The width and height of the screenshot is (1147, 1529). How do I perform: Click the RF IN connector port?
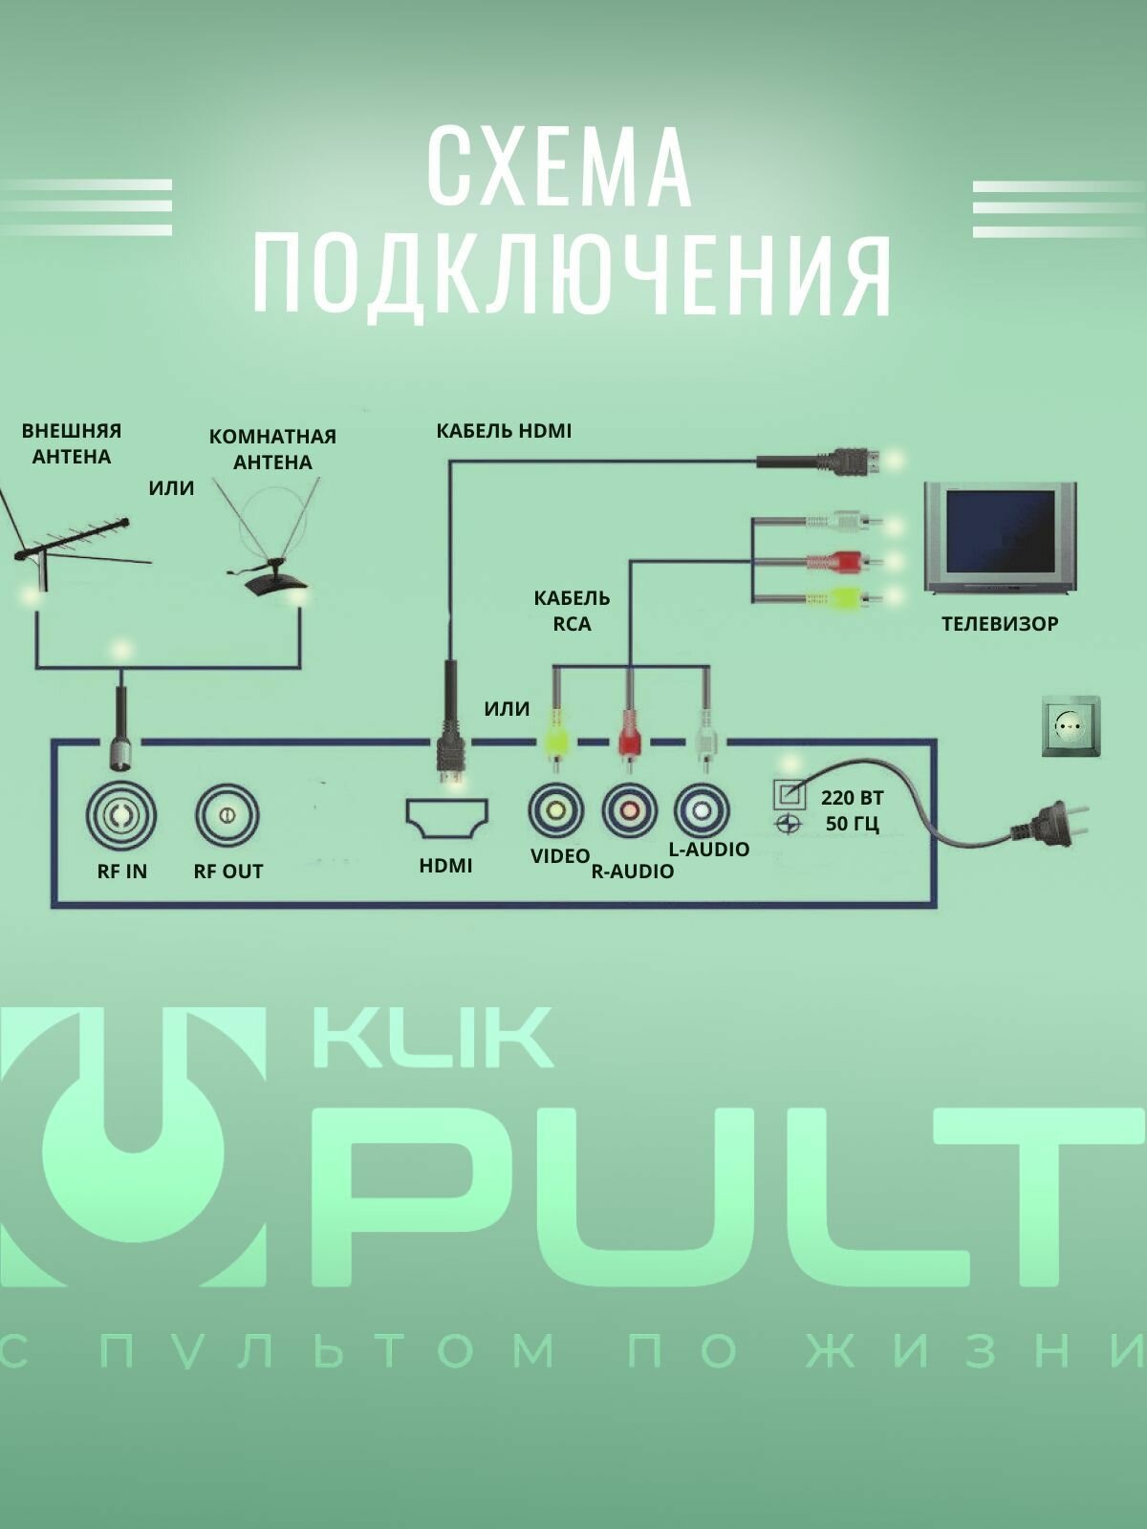click(x=121, y=814)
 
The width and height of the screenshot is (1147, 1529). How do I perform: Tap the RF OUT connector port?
click(x=227, y=815)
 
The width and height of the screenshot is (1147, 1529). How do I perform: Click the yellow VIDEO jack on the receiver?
click(x=555, y=810)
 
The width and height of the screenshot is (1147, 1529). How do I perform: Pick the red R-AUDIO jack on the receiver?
click(x=630, y=810)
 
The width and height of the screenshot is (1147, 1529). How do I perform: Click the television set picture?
click(x=1000, y=537)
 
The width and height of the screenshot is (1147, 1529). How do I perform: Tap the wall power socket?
click(x=1071, y=727)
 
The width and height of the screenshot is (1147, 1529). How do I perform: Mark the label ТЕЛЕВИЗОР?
click(x=1000, y=624)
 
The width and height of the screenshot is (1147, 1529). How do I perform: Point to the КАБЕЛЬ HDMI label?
click(x=504, y=431)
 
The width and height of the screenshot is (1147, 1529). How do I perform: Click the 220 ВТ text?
click(x=852, y=798)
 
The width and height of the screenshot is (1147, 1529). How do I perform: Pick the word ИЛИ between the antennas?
click(x=172, y=488)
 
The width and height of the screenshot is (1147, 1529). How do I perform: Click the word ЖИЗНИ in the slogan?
click(x=975, y=1350)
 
